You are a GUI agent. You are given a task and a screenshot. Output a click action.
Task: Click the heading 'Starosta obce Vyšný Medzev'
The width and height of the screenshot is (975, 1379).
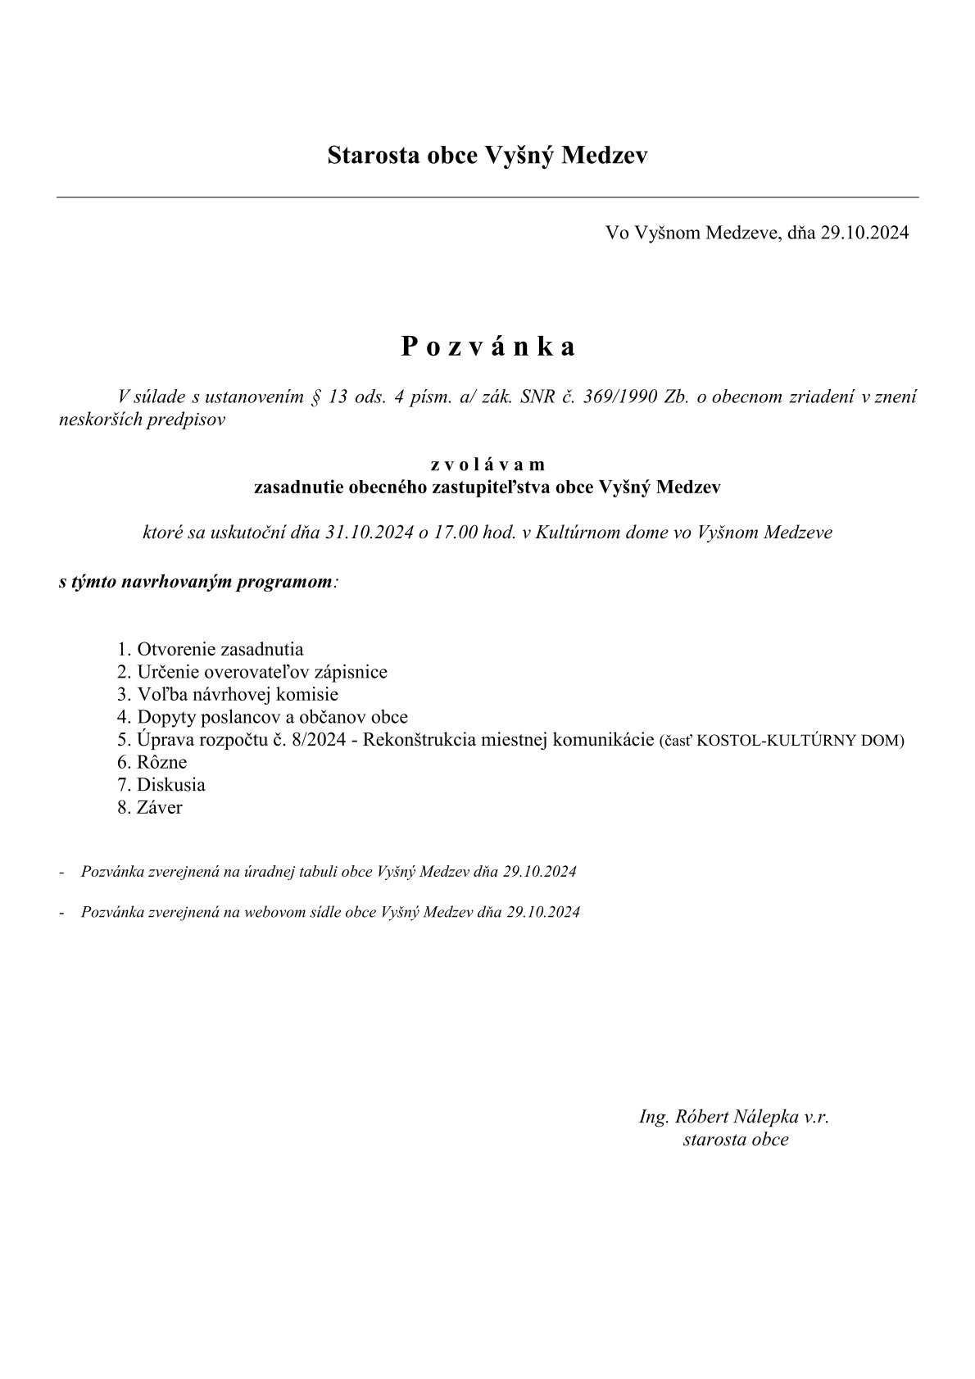[487, 155]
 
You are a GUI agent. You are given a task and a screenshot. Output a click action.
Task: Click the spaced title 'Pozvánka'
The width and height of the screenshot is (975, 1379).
[487, 347]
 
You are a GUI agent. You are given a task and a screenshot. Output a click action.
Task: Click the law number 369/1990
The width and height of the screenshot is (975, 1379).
[615, 398]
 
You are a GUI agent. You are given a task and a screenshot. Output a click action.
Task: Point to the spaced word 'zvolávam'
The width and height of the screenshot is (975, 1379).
[487, 465]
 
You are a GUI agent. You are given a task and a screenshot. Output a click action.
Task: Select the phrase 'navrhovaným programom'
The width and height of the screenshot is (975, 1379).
[227, 583]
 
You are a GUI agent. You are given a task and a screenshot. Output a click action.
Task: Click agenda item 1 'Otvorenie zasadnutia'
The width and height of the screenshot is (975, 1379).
[211, 650]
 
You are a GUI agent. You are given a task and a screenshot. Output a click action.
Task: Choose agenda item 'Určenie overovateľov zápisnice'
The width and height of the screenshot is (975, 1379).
[252, 673]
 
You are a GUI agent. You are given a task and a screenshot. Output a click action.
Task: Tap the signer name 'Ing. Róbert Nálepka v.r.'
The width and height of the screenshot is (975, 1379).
[735, 1116]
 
